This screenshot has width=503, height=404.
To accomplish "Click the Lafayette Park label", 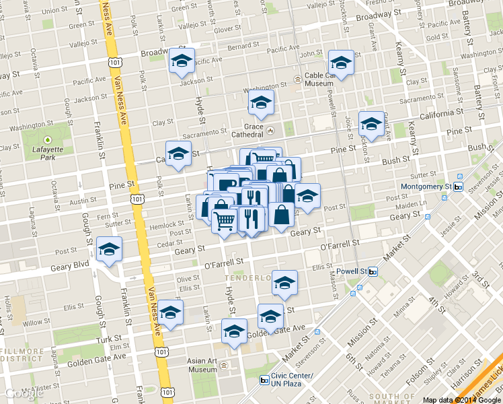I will pos(47,152).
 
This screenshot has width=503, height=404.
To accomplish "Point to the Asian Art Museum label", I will pos(202,366).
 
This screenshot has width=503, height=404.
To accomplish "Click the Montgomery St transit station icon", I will pos(459,187).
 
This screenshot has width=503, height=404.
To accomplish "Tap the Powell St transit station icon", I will pos(373,271).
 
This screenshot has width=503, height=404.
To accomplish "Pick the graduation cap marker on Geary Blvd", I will pos(109,250).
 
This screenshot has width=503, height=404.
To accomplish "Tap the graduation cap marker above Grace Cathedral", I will pos(260,103).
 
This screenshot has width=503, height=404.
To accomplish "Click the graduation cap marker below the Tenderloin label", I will pos(284,283).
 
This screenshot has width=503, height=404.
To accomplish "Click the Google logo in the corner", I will pos(24,393).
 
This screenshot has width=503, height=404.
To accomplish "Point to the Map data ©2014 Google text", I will pos(461,399).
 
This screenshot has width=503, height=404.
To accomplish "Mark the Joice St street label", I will pos(348,125).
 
